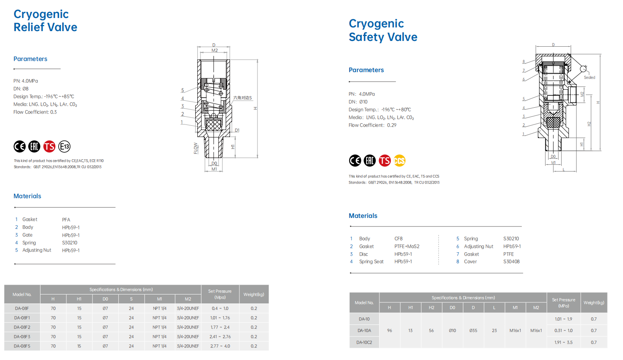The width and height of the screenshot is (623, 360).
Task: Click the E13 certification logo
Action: [x=64, y=146]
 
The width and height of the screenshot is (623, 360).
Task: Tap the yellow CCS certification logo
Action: [x=400, y=161]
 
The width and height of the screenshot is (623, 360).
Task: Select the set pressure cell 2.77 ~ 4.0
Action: [x=220, y=346]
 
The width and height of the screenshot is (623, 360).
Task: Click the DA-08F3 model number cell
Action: [x=22, y=337]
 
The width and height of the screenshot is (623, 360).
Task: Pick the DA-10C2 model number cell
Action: [x=364, y=342]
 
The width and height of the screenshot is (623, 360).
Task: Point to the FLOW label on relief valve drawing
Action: [x=196, y=148]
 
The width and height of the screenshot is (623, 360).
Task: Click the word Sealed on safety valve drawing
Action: [x=589, y=78]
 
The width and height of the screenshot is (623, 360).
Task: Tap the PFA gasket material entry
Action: [x=66, y=220]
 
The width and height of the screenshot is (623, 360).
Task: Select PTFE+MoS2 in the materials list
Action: [x=406, y=247]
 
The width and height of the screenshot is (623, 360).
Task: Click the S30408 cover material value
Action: [x=511, y=262]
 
